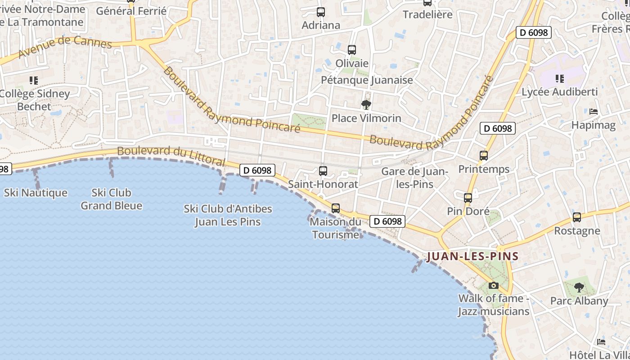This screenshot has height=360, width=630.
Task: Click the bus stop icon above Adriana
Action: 321,12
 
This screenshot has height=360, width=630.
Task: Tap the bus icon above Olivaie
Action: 352,49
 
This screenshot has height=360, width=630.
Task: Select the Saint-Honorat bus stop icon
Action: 323,171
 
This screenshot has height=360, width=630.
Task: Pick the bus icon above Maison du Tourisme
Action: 336,208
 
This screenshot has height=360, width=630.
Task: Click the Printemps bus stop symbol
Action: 484,156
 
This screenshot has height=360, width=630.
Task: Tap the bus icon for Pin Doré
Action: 468,198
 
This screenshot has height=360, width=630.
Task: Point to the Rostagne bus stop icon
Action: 577,217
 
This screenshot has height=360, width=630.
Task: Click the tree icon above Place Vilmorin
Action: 366,105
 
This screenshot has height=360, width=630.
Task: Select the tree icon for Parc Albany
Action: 579,287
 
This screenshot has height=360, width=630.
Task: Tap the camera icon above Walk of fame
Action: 494,285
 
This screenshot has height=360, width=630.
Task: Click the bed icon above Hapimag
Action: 594,112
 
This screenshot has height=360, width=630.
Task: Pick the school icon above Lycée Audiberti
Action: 559,79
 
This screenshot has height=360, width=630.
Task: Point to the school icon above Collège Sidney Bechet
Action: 34,81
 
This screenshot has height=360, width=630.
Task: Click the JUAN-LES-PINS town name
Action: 472,256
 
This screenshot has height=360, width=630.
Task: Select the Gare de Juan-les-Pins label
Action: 414,178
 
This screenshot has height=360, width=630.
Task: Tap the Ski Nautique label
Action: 36,193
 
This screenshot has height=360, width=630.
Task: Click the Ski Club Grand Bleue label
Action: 111,199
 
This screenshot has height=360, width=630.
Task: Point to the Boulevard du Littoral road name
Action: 171,155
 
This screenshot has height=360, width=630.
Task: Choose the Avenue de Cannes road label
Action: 65,48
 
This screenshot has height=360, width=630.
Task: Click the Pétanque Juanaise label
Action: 367,80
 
